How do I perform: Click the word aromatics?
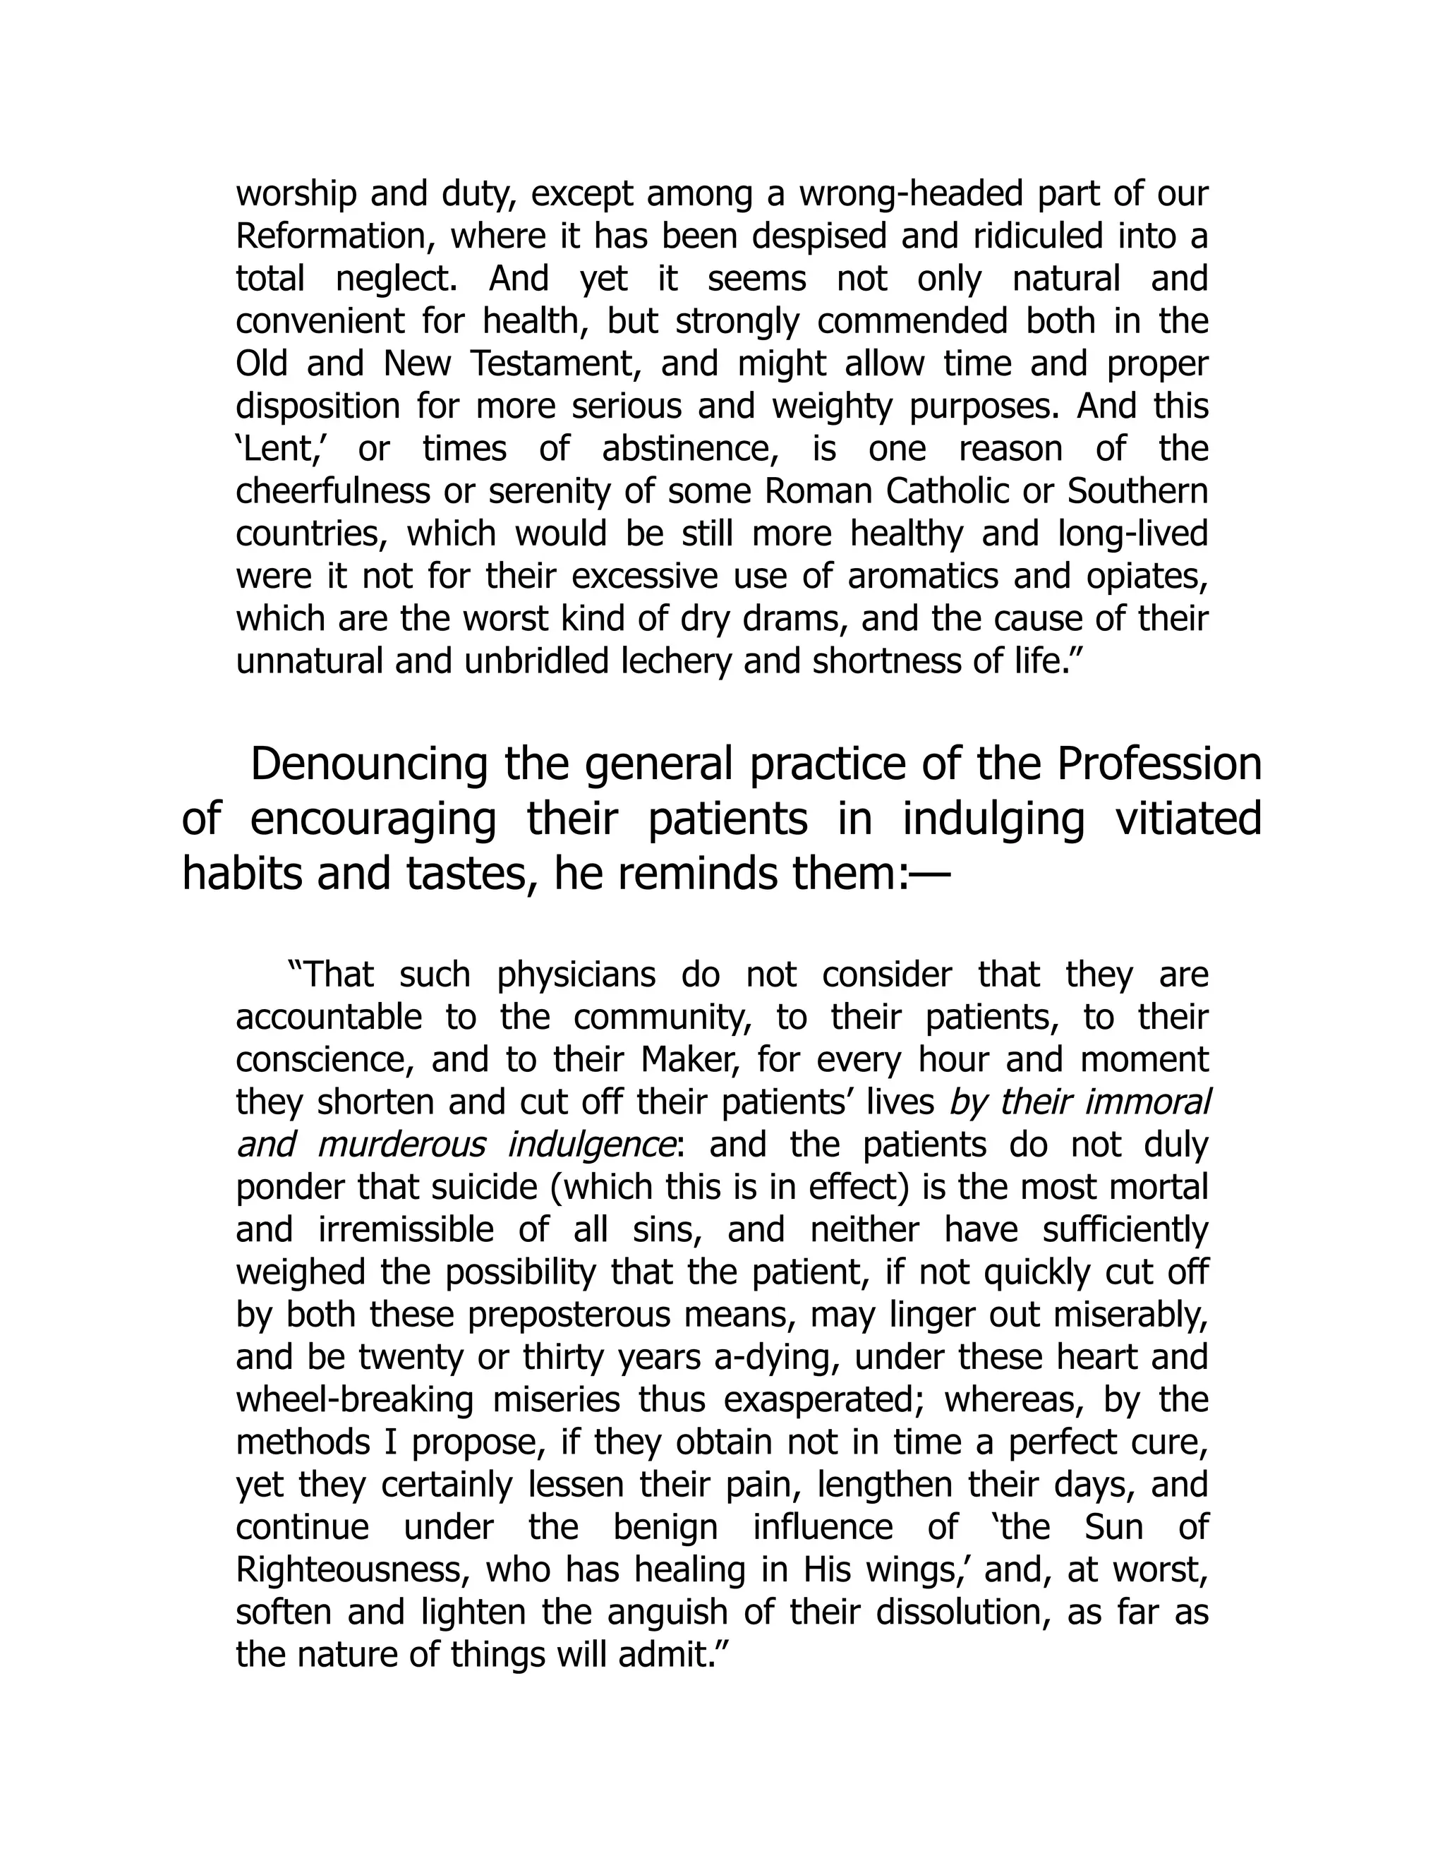coord(923,577)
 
